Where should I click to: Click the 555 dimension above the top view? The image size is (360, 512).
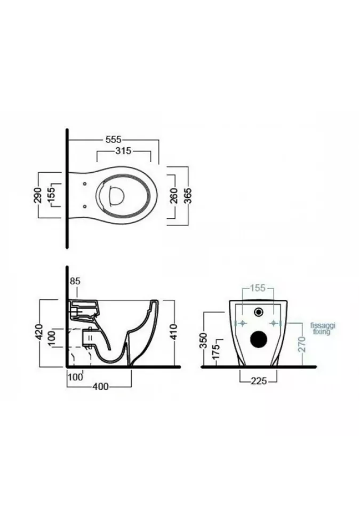click(x=114, y=140)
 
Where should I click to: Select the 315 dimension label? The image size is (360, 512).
click(x=124, y=151)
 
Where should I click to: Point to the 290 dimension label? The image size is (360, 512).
click(x=38, y=195)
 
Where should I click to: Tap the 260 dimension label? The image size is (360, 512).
click(x=174, y=195)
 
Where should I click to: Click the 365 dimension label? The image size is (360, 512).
click(x=187, y=195)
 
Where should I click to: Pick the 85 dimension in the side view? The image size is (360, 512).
click(x=75, y=281)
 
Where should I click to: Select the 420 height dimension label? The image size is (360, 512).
click(x=39, y=332)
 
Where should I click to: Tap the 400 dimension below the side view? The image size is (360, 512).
click(x=100, y=387)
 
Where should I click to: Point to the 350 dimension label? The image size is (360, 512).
click(x=203, y=341)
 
